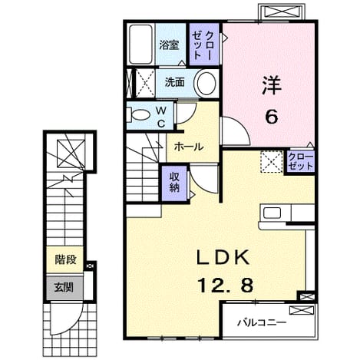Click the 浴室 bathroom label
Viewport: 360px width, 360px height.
coord(169,45)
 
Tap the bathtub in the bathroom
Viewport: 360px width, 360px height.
coord(140,45)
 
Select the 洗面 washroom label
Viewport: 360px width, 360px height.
coord(174,82)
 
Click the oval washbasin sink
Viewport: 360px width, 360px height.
coord(205,84)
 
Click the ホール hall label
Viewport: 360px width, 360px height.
coord(189,147)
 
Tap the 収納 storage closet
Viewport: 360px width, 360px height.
coord(175,183)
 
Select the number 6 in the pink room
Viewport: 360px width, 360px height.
coord(271,117)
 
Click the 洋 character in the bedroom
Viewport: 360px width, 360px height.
coord(272,86)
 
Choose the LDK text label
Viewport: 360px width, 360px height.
coord(223,258)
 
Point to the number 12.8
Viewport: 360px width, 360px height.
coord(226,286)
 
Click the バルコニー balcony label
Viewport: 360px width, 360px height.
coord(261,322)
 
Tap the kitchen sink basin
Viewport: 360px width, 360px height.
coord(272,213)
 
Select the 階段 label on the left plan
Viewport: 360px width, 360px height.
coord(66,259)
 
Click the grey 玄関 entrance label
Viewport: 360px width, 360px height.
coord(64,287)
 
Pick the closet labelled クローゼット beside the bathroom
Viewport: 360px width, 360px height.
coord(204,45)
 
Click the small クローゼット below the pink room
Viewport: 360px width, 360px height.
coord(300,162)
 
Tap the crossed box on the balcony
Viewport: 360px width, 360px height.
coord(302,310)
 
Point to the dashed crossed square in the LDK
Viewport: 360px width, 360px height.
coord(272,162)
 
